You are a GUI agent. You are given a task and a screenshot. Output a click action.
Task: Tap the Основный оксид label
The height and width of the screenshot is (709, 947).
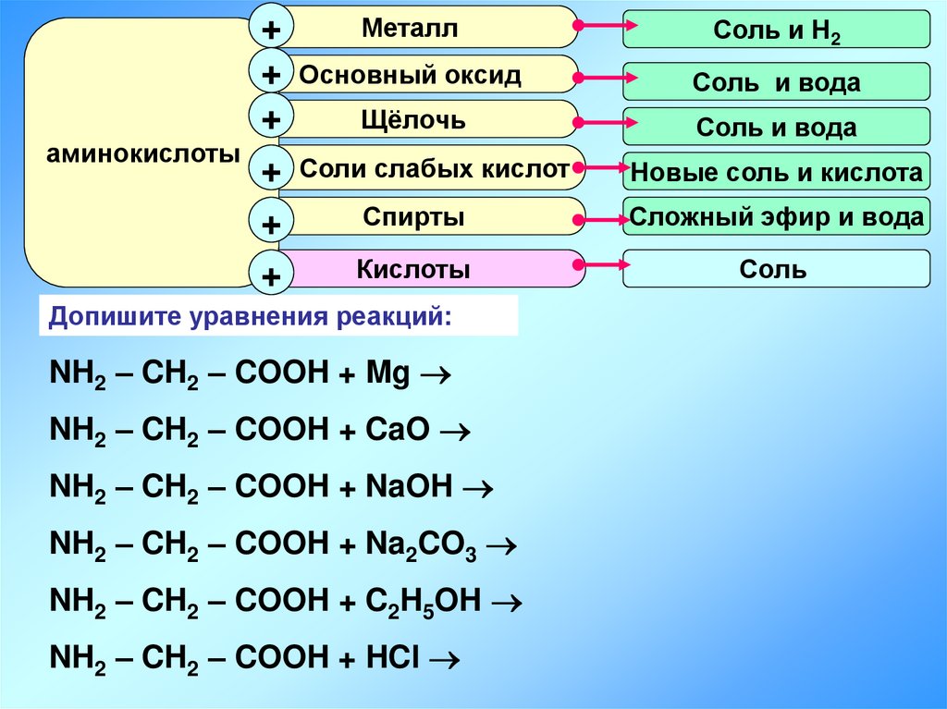(x=411, y=75)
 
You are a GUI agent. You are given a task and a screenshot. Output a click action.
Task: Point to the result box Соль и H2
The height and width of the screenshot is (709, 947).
(x=776, y=31)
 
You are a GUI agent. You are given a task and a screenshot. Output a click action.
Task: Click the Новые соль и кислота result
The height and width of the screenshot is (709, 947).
(x=776, y=172)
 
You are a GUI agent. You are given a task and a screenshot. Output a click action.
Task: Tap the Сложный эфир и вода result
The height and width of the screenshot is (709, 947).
(x=776, y=218)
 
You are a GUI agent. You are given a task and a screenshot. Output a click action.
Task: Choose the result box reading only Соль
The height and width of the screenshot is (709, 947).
(x=776, y=269)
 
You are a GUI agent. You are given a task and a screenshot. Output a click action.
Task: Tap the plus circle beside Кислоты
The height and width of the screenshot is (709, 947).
(x=271, y=275)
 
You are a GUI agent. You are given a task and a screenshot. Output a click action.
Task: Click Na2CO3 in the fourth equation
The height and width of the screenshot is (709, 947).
(x=421, y=545)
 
